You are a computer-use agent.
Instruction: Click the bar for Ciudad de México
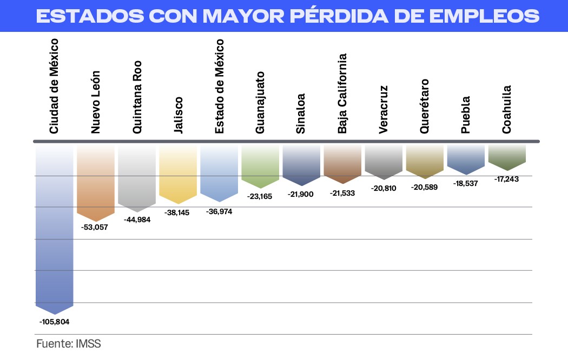(54, 227)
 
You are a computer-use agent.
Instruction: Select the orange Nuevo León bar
(96, 181)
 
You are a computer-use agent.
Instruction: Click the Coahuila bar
(507, 156)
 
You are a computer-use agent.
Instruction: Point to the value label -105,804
(55, 322)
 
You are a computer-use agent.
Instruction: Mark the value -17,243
(506, 179)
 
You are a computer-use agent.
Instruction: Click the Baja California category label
(342, 93)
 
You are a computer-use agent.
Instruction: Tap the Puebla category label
(466, 115)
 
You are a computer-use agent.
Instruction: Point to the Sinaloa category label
(301, 114)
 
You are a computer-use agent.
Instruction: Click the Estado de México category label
(219, 86)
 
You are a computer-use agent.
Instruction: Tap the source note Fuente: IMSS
(69, 344)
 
